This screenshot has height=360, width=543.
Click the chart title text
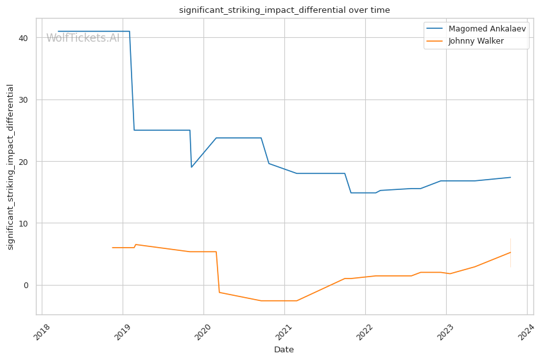284,10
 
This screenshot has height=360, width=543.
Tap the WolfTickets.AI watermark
83,38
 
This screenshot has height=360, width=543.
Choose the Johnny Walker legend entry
476,41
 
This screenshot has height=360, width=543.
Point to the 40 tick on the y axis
22,38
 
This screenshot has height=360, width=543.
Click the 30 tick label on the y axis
22,99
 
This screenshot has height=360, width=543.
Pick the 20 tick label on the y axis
22,162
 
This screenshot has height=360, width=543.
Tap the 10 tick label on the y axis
22,223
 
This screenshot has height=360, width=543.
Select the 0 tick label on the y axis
25,285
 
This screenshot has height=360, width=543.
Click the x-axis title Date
284,350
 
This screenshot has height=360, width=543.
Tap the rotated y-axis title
10,167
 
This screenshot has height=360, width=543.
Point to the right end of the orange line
510,252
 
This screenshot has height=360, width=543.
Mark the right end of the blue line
510,177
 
